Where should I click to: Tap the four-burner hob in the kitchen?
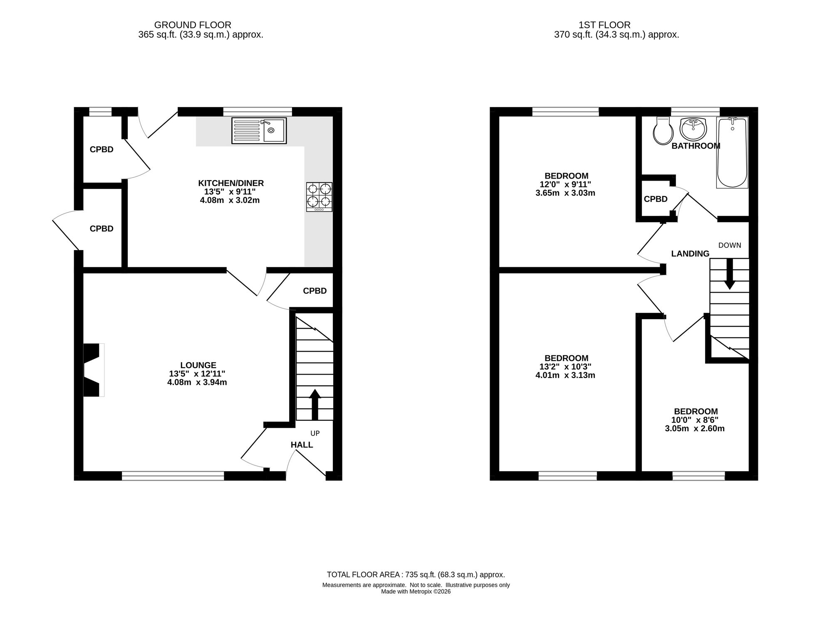[319, 197]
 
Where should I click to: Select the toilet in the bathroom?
[663, 131]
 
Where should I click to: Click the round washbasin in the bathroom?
[693, 129]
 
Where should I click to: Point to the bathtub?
[732, 152]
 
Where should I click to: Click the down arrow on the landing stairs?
[729, 274]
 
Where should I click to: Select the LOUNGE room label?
[198, 365]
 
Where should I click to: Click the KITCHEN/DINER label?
[231, 183]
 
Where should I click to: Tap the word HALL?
[302, 445]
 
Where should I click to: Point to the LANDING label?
[690, 253]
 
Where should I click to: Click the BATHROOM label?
[696, 146]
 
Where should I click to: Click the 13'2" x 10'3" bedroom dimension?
[565, 367]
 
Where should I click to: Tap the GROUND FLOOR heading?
[193, 25]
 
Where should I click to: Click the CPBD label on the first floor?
[656, 199]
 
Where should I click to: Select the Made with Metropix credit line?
[416, 591]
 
